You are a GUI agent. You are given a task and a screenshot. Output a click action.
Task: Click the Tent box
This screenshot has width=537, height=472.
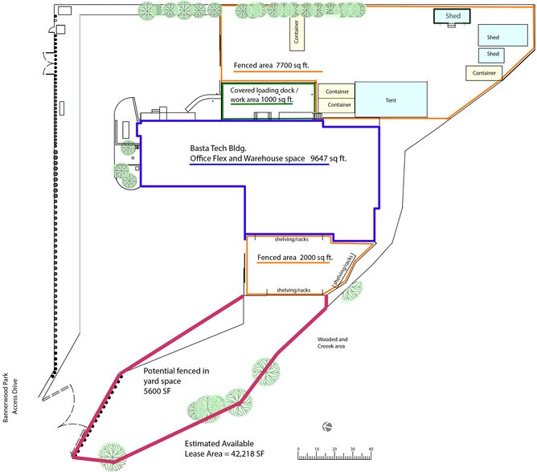(x=391, y=100)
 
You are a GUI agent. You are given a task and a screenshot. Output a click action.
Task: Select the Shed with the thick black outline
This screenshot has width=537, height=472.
(x=452, y=16)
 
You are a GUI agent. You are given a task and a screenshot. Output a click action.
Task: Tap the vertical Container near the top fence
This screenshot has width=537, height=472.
(x=297, y=32)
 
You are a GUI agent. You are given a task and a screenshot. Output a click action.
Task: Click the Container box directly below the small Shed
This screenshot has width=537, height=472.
(x=484, y=73)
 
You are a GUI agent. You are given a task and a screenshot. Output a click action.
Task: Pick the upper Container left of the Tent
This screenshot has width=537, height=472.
(x=336, y=92)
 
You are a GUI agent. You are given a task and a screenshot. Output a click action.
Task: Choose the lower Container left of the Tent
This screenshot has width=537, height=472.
(x=336, y=105)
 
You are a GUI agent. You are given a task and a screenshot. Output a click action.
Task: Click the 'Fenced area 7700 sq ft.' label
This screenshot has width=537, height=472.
(x=271, y=65)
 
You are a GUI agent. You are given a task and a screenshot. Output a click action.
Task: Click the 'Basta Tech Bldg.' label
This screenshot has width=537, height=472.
(x=218, y=148)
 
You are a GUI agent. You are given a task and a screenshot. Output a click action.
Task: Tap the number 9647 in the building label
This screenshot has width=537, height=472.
(x=318, y=158)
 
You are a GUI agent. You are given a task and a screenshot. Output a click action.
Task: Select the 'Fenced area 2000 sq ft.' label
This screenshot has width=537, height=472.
(x=295, y=258)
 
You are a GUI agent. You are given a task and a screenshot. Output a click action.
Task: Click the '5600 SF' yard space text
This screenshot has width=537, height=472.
(x=157, y=391)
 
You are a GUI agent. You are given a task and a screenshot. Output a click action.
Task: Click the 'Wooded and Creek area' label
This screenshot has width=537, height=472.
(x=332, y=343)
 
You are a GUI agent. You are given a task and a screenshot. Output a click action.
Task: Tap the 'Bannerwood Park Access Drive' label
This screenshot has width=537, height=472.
(x=10, y=397)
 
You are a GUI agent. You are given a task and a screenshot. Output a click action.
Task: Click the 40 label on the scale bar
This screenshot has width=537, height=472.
(x=371, y=449)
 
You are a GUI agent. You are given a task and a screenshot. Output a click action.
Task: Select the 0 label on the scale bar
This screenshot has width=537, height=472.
(x=298, y=449)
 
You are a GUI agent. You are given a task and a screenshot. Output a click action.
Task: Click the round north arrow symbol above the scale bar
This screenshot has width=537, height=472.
(x=327, y=427)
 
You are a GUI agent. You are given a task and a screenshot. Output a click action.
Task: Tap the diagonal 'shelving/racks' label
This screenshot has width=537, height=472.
(x=344, y=271)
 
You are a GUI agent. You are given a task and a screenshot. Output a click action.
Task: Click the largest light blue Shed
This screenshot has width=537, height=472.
(x=502, y=35)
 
